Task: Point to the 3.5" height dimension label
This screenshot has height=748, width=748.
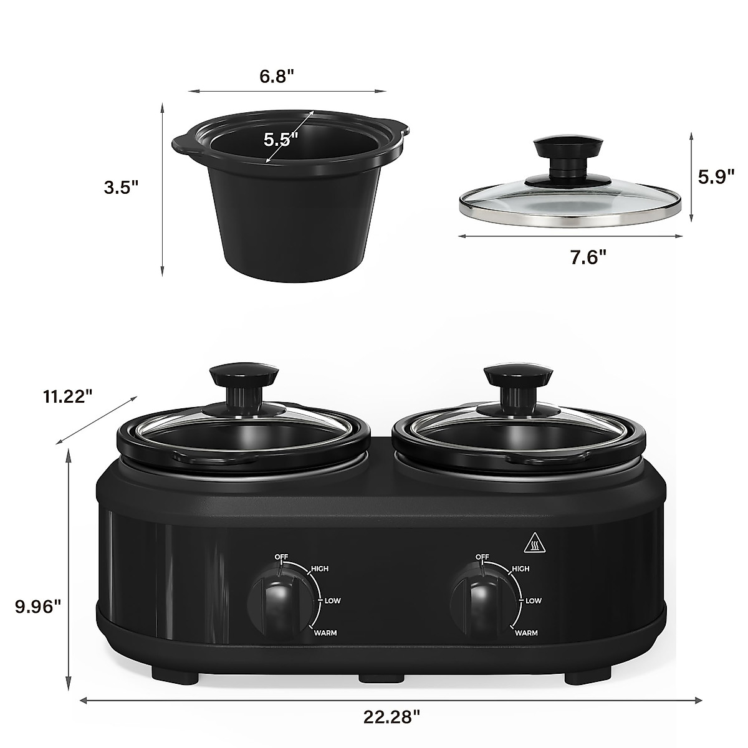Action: pyautogui.click(x=121, y=187)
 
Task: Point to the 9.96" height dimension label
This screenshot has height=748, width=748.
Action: pyautogui.click(x=38, y=605)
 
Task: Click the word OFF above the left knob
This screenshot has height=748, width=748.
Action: pyautogui.click(x=281, y=556)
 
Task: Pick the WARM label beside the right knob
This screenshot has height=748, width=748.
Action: pyautogui.click(x=526, y=633)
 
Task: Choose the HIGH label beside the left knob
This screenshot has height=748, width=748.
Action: pyautogui.click(x=319, y=568)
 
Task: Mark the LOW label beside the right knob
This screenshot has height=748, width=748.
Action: pyautogui.click(x=533, y=601)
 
